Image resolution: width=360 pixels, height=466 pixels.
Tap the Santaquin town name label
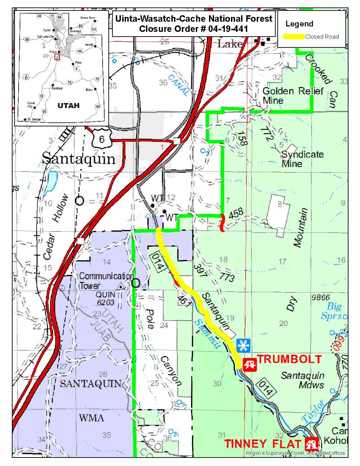click(79, 158)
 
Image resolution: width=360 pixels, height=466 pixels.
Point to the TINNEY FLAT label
click(263, 444)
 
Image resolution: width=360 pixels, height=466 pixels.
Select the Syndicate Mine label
click(302, 159)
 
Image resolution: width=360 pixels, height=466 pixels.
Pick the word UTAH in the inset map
click(68, 105)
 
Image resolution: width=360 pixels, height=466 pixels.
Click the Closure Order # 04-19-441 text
click(193, 29)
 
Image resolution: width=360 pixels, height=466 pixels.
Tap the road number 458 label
click(236, 214)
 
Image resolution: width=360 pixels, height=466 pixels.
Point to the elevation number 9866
click(320, 298)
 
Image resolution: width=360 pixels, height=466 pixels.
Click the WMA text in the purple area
click(91, 418)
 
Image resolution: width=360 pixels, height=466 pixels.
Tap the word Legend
click(299, 24)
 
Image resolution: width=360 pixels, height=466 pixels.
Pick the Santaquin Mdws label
click(302, 380)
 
